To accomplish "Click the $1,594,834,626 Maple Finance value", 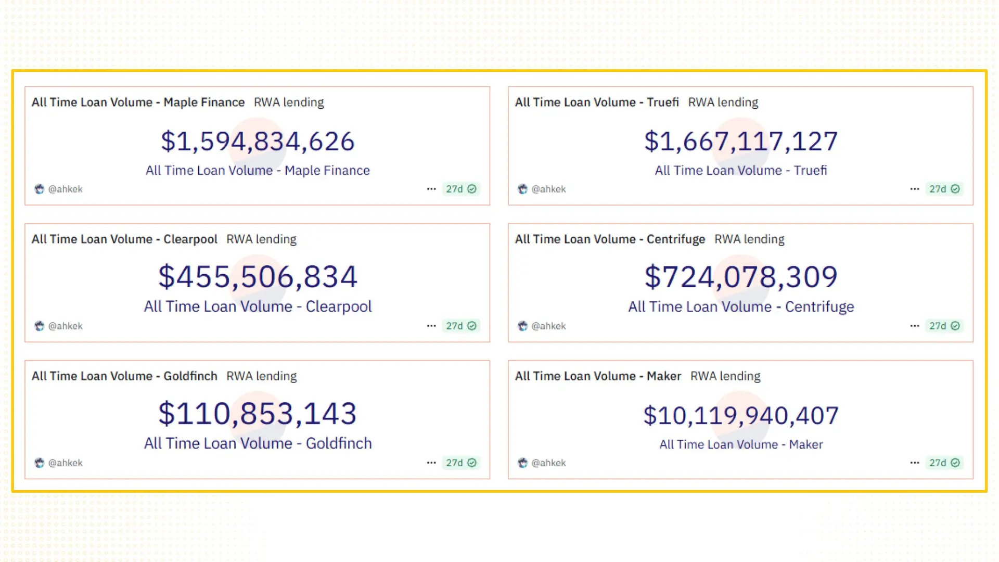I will pyautogui.click(x=258, y=142).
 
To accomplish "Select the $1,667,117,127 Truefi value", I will pyautogui.click(x=741, y=142).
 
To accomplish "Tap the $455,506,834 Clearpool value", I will pyautogui.click(x=258, y=277).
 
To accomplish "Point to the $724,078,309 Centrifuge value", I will pyautogui.click(x=741, y=277).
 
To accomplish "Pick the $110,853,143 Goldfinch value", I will pyautogui.click(x=258, y=414).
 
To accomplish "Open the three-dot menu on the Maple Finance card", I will pyautogui.click(x=431, y=189).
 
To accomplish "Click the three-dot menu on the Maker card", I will pyautogui.click(x=915, y=463).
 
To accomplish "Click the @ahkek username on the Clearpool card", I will pyautogui.click(x=66, y=326).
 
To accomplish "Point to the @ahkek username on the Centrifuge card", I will pyautogui.click(x=549, y=326).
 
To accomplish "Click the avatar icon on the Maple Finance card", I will pyautogui.click(x=40, y=189).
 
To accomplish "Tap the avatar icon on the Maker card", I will pyautogui.click(x=523, y=463).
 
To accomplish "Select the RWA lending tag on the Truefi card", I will pyautogui.click(x=723, y=103).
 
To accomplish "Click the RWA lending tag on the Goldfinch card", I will pyautogui.click(x=261, y=376).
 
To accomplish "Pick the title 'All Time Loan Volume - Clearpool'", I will pyautogui.click(x=124, y=239).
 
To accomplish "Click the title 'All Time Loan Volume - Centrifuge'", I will pyautogui.click(x=610, y=239).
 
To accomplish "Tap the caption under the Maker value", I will pyautogui.click(x=741, y=444).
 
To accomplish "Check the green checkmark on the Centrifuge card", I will pyautogui.click(x=955, y=326).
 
